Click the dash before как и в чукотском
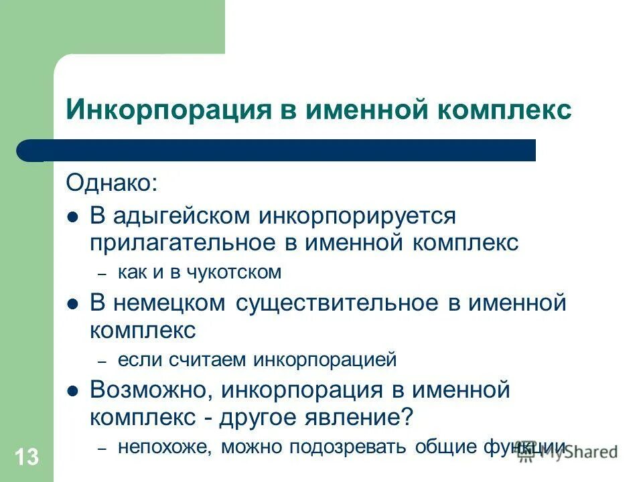102,274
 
